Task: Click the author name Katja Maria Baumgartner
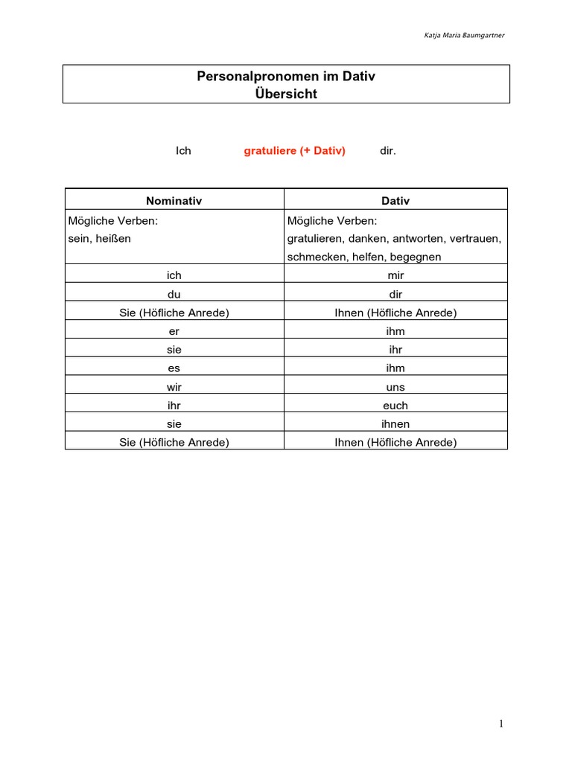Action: coord(464,35)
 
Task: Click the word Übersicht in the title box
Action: coord(286,94)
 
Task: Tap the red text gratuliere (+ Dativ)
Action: coord(295,151)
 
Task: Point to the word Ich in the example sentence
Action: coord(183,151)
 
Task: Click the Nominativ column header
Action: coord(174,201)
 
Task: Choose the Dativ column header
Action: coord(395,201)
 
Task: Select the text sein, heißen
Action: coord(100,239)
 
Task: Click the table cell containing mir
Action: coord(395,275)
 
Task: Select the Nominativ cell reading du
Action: coord(174,294)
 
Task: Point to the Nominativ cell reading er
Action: coord(174,331)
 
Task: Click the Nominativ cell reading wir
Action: coord(174,387)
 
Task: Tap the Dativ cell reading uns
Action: coord(395,387)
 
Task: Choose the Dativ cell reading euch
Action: coord(395,406)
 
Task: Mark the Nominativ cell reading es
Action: coord(174,368)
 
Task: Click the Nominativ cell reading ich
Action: coord(174,275)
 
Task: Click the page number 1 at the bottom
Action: coord(502,724)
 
